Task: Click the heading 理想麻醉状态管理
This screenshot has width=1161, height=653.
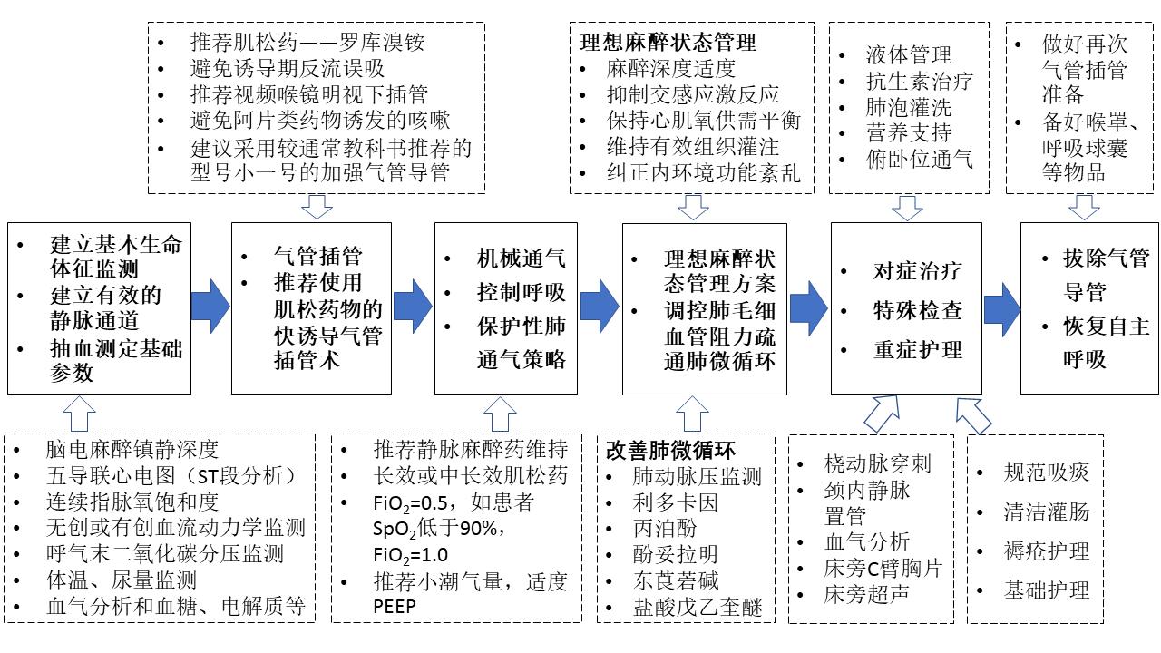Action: (668, 42)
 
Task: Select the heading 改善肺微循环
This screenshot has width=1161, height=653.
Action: (670, 450)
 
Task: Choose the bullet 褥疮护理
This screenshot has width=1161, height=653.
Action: (1046, 551)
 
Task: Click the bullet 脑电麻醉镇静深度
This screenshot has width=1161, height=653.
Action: (132, 449)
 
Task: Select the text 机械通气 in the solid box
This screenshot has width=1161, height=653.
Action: (522, 258)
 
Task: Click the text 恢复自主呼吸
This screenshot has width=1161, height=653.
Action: (1106, 342)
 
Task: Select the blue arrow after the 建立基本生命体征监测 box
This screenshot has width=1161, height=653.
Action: (211, 306)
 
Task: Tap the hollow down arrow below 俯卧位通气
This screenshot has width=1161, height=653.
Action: (906, 208)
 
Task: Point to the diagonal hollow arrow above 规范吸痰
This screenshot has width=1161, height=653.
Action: (975, 414)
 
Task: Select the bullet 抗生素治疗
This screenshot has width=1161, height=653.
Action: (918, 82)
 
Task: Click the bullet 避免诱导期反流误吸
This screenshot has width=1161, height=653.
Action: (299, 68)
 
